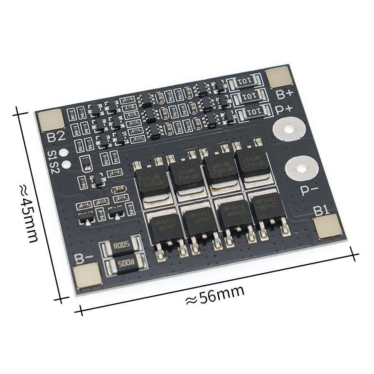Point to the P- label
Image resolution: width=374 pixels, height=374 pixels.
pyautogui.click(x=310, y=190)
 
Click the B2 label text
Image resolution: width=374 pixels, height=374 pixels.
pyautogui.click(x=56, y=136)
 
